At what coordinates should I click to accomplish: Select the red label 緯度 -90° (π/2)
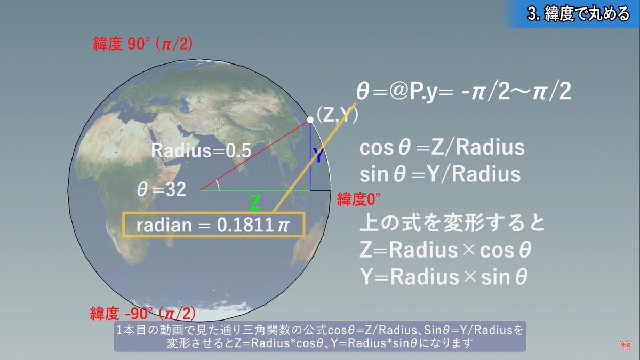point(142,312)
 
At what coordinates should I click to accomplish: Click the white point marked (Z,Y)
point(310,121)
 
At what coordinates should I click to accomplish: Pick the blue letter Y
point(318,156)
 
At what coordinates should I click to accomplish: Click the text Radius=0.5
point(201,150)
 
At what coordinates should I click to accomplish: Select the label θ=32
point(162,190)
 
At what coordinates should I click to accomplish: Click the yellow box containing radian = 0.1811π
point(213,226)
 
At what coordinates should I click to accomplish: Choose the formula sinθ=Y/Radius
point(441,174)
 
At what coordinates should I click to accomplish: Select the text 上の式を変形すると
point(453,223)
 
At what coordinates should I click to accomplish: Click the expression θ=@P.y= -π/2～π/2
point(463,93)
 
